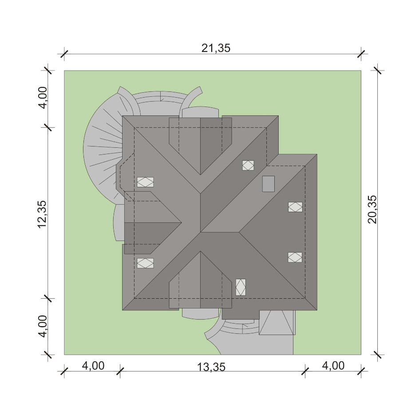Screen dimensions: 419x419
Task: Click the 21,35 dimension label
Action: [216, 48]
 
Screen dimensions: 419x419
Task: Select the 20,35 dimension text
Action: [372, 209]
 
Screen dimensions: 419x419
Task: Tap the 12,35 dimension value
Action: [42, 214]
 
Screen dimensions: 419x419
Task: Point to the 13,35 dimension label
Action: [211, 367]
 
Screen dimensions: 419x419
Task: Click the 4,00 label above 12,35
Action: [43, 98]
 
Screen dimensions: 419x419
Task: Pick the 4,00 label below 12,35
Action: [43, 326]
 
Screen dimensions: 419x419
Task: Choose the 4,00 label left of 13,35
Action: [93, 366]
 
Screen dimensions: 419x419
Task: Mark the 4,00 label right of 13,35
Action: [333, 366]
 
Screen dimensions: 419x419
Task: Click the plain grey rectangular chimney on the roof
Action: [268, 184]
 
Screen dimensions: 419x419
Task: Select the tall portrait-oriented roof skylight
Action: [241, 287]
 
